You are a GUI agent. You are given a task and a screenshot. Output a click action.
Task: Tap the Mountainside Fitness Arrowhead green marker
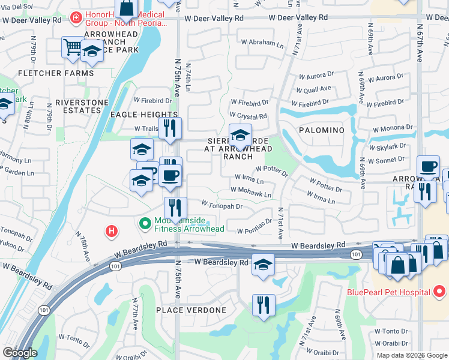coord(145,224)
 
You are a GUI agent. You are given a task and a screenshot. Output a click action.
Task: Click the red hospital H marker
coord(111,230)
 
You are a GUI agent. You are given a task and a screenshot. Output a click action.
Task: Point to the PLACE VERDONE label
coord(191,310)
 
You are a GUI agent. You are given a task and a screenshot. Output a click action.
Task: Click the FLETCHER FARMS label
coord(56,73)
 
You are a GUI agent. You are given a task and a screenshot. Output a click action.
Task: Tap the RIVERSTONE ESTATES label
coord(77,106)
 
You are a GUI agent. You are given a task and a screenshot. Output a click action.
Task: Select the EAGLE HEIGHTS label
coord(144,115)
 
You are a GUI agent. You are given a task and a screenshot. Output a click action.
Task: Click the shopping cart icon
coord(72,46)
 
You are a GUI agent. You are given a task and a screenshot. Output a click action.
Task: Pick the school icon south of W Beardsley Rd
coord(263,264)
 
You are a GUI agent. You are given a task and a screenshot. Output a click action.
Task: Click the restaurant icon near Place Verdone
coord(263,304)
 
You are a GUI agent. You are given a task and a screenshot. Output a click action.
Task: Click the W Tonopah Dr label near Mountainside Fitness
coord(221,206)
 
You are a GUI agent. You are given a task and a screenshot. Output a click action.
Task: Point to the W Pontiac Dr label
coord(255,230)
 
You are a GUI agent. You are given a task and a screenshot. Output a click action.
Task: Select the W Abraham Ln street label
coord(262,43)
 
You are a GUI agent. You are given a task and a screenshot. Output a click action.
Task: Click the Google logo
coord(20,353)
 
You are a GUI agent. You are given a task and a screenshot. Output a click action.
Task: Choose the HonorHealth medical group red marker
coord(76,18)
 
